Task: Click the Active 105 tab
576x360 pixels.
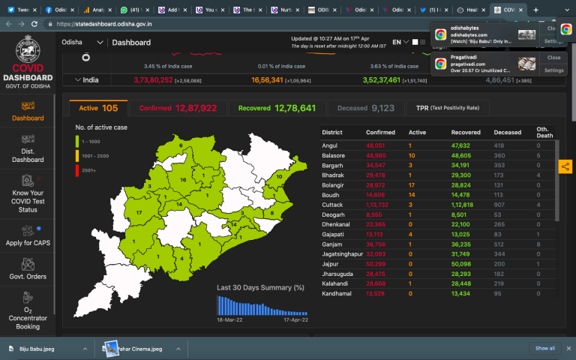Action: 98,108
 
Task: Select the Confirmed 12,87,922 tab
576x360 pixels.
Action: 178,108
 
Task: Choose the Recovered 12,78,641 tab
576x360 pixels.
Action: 277,108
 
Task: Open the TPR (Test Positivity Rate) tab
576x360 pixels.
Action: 448,108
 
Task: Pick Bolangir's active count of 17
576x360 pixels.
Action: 412,184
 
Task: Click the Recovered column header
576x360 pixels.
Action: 466,133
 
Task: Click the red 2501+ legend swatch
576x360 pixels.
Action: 77,169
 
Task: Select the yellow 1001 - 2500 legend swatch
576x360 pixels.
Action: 77,155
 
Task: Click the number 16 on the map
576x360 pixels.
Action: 183,181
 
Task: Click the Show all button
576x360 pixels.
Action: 545,348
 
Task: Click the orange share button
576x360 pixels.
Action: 565,166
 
